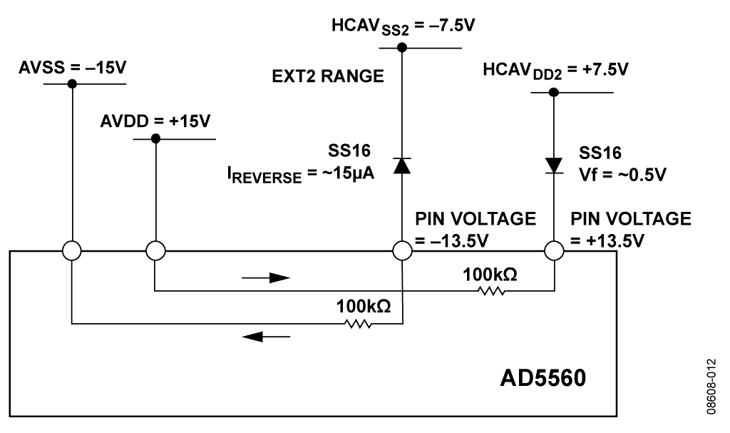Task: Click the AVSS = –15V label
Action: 72,68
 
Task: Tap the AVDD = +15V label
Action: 155,121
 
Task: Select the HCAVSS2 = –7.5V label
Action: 403,26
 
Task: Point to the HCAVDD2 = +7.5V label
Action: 555,71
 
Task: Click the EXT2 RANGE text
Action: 328,76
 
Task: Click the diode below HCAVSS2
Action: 402,165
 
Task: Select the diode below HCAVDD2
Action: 553,166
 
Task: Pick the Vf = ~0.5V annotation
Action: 622,174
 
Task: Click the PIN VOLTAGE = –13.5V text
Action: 475,229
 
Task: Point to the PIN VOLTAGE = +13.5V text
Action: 631,229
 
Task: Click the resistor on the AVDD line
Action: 491,291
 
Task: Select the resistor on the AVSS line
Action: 358,323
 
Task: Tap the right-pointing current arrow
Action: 266,278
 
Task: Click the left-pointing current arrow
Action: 266,336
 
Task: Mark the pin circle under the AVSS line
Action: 72,251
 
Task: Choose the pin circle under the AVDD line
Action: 155,251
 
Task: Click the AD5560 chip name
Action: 543,378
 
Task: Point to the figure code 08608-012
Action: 711,387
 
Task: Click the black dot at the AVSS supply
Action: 72,83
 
